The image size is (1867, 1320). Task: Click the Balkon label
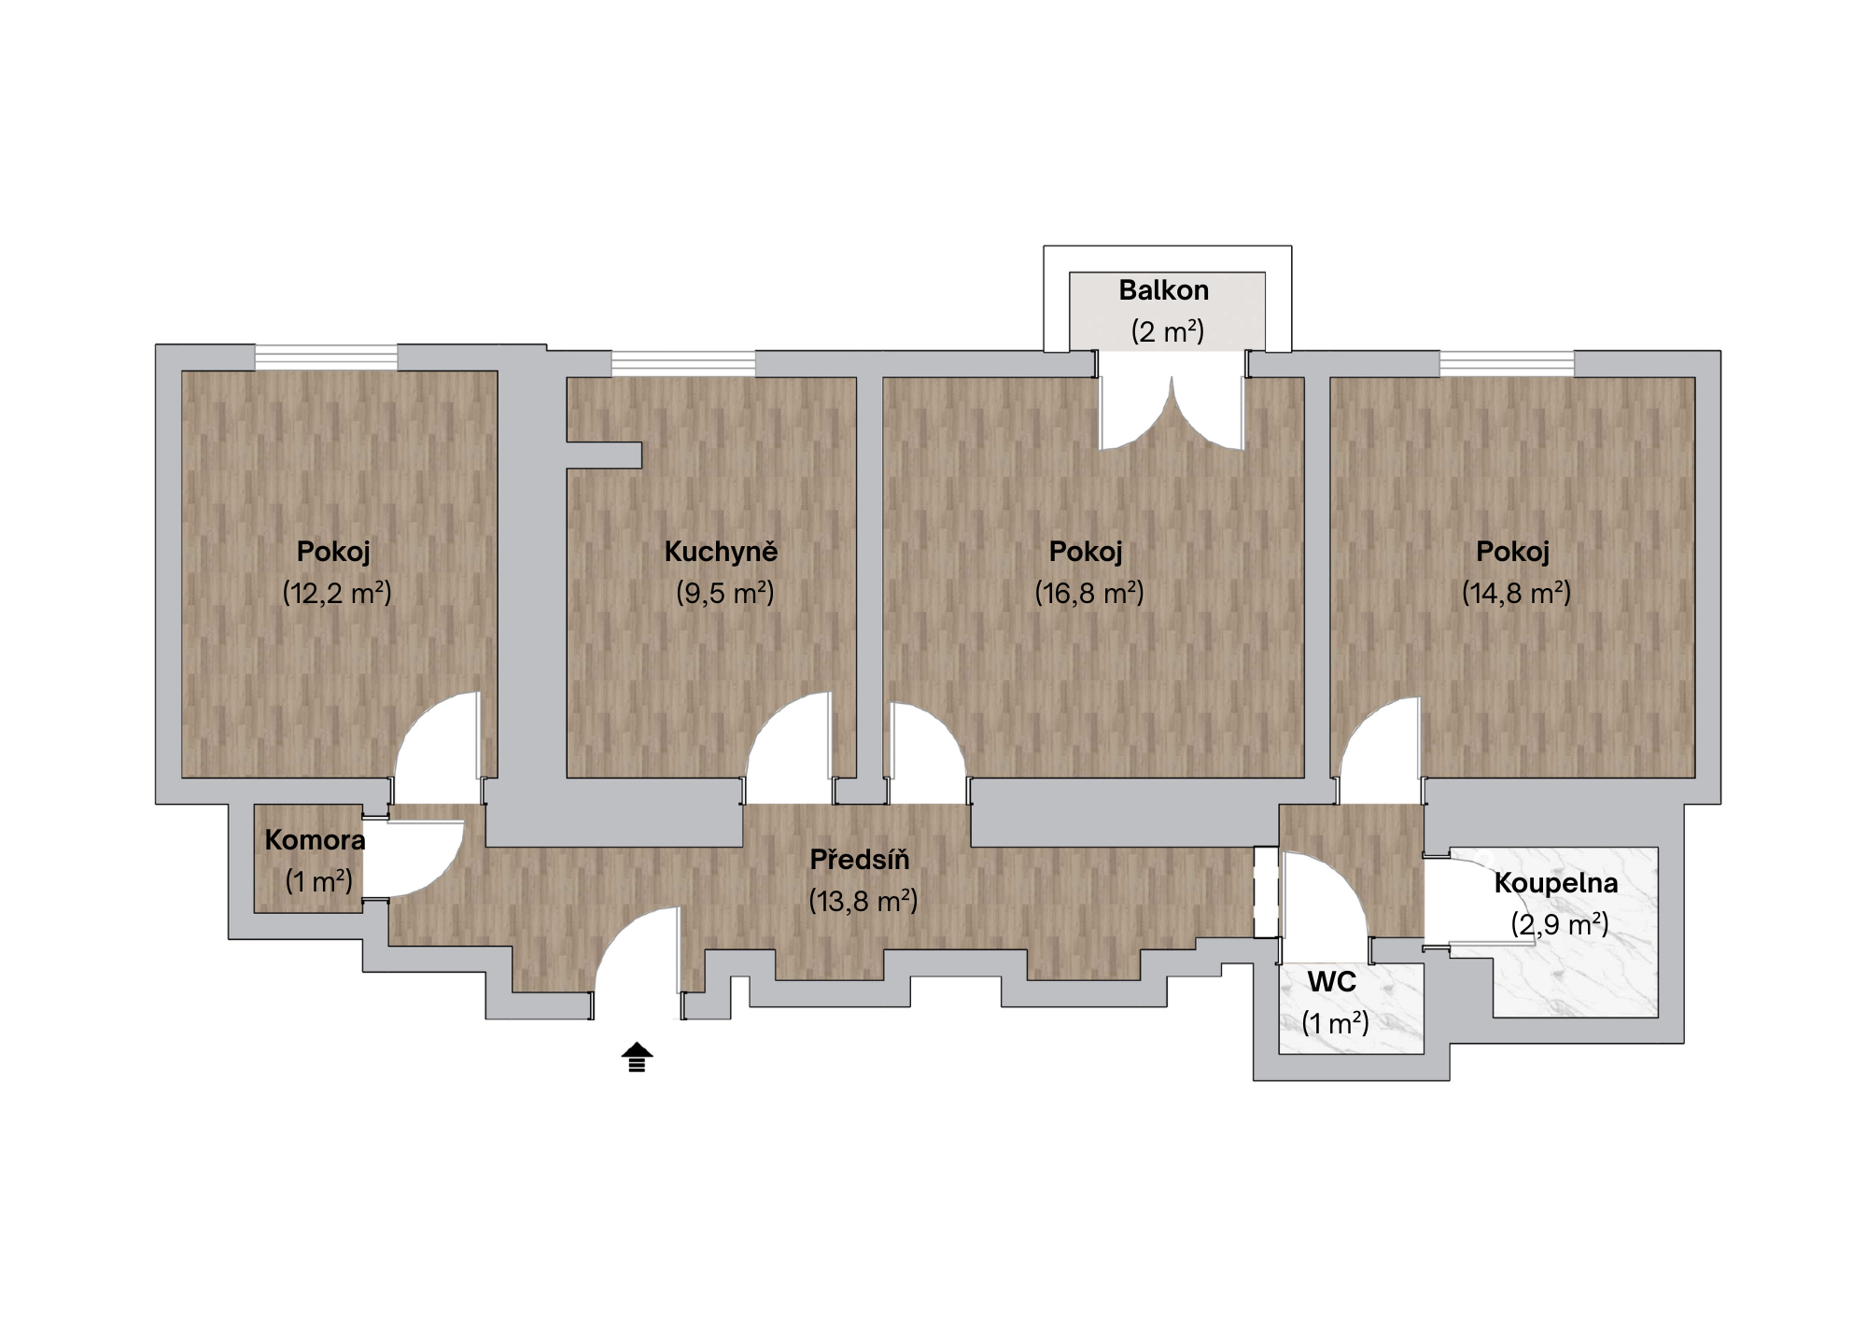[x=1163, y=290]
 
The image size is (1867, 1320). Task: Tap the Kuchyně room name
[x=721, y=551]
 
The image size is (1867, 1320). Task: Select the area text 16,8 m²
[x=1088, y=593]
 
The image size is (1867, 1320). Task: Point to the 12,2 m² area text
[x=337, y=593]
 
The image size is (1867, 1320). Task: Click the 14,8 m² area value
[x=1516, y=593]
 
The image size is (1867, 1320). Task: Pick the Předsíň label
[x=860, y=859]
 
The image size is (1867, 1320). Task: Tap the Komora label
[x=315, y=840]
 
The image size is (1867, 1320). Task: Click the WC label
[x=1332, y=982]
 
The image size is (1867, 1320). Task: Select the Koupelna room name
[x=1556, y=883]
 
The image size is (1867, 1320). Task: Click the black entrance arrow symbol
[x=638, y=1057]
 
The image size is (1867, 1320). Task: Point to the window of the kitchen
[x=683, y=363]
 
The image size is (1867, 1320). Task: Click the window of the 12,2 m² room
[x=326, y=358]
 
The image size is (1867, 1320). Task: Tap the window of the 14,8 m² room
[x=1507, y=363]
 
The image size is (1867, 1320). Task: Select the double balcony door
[x=1172, y=411]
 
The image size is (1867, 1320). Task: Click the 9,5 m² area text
[x=724, y=593]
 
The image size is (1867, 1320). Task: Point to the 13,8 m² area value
[x=863, y=901]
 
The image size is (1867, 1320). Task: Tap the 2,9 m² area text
[x=1560, y=924]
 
